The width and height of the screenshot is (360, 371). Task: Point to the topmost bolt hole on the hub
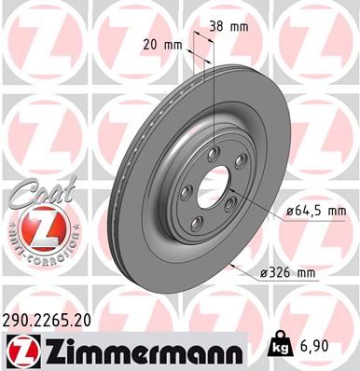click(x=214, y=153)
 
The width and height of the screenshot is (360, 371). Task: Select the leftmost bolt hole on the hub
click(x=185, y=192)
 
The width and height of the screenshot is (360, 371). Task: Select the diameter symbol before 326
click(x=267, y=273)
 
